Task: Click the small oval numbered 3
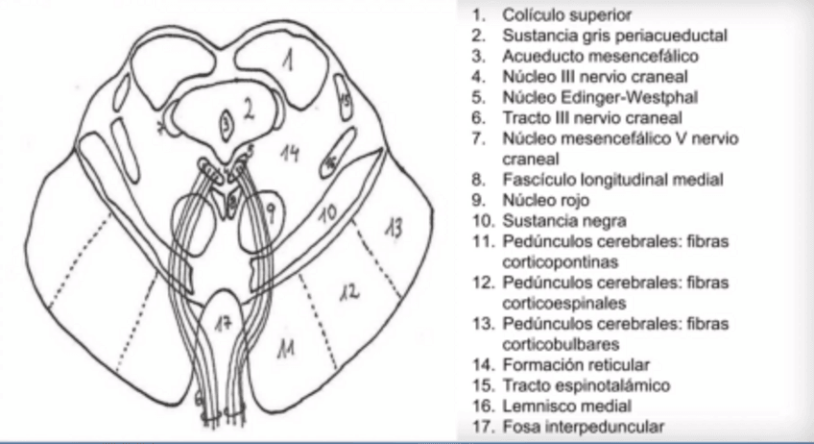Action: pos(226,122)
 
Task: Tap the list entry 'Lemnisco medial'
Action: pos(557,406)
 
